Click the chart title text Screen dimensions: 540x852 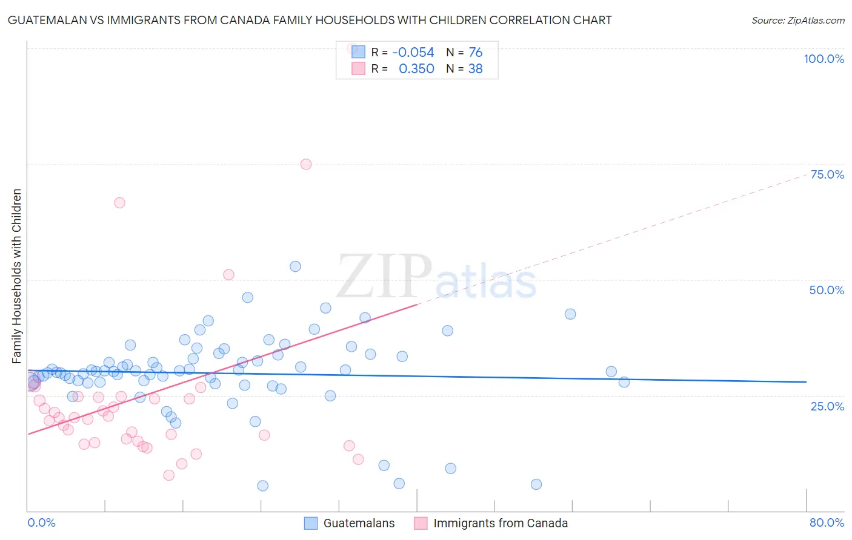[x=310, y=20]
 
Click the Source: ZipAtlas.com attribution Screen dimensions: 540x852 [x=797, y=20]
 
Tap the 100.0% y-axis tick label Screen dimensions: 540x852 [x=824, y=59]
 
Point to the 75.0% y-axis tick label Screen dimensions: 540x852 [x=827, y=174]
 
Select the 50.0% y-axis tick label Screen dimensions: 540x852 [x=827, y=290]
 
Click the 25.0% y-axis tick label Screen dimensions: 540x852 [x=827, y=406]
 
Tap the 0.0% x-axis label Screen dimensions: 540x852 [x=41, y=522]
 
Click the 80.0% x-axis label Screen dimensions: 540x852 [x=827, y=522]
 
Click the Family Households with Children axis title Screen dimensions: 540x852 [x=16, y=276]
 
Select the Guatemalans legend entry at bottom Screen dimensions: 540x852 [x=358, y=523]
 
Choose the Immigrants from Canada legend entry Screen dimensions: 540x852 [x=500, y=523]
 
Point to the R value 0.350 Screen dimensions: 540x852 [x=416, y=69]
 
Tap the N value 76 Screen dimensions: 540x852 [x=476, y=53]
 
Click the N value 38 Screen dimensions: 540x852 [x=476, y=69]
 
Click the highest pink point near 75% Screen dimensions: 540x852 [x=306, y=164]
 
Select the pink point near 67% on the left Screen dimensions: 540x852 [x=119, y=203]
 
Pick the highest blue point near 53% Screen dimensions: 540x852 [x=295, y=266]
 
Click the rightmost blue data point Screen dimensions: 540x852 [x=624, y=382]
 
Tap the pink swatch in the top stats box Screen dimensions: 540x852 [x=358, y=69]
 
